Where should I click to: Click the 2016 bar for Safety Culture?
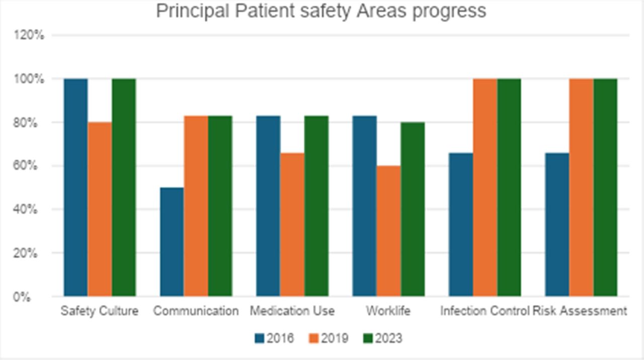pos(75,187)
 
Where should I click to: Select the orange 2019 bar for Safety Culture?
pos(100,209)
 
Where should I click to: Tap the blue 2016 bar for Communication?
pos(172,241)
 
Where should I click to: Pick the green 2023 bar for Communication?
pos(220,206)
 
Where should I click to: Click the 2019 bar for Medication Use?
pos(292,224)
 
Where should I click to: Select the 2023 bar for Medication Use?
pos(316,206)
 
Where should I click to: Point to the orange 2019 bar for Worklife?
pos(388,231)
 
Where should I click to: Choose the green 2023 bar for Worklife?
pos(413,209)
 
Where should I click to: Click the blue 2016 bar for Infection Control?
pos(461,224)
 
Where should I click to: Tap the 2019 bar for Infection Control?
pos(485,187)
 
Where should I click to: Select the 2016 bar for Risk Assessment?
pos(557,224)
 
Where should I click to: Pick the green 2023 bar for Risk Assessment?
pos(605,187)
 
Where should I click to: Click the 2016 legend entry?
pos(274,338)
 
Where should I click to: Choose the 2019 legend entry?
pos(328,338)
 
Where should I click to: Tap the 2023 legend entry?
pos(382,338)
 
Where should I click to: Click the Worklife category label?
pos(388,311)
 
